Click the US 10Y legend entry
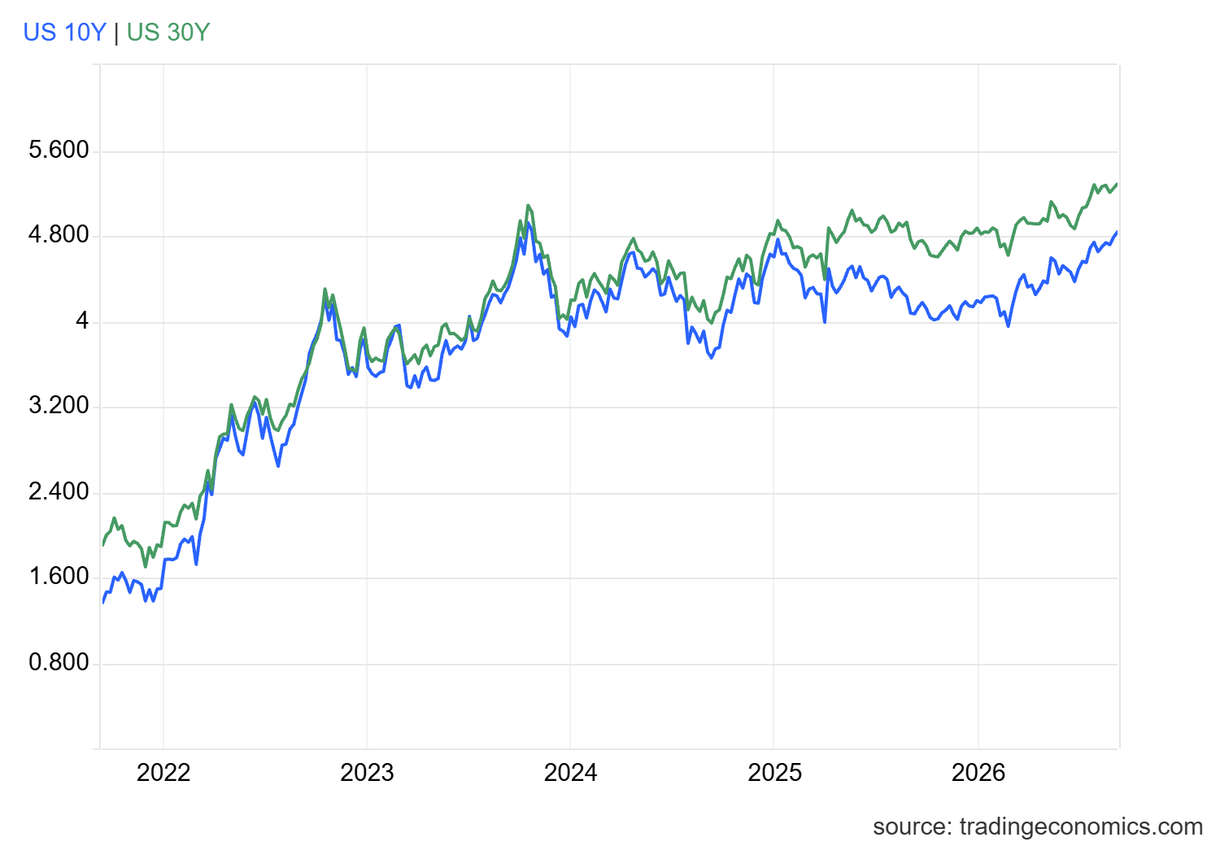point(64,33)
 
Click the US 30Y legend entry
point(168,33)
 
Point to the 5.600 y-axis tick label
point(59,150)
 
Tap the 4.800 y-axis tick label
point(59,235)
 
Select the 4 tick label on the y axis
point(82,321)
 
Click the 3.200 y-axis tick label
point(59,406)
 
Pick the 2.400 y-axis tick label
point(59,492)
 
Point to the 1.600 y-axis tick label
point(59,577)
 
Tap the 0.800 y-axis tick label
point(59,662)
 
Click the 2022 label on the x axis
point(163,773)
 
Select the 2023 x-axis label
point(367,773)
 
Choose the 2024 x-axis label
point(571,773)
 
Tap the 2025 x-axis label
point(774,773)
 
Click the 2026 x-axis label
point(978,773)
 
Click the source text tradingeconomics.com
point(1081,827)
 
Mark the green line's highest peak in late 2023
point(528,205)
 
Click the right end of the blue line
point(1117,232)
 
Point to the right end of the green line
point(1117,184)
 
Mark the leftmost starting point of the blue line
point(103,603)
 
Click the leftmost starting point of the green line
point(103,545)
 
